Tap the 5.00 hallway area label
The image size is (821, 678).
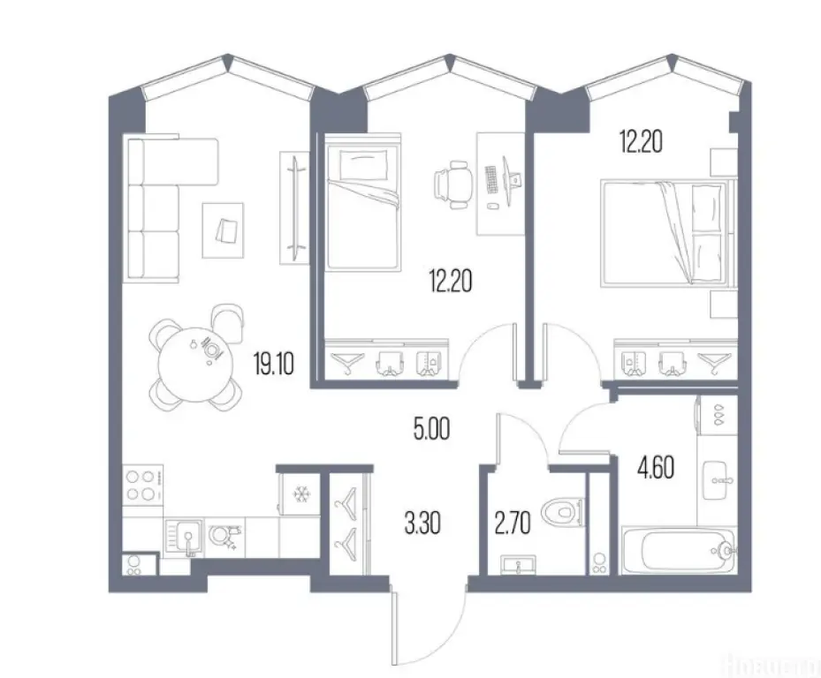(432, 432)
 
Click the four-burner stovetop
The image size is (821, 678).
(142, 485)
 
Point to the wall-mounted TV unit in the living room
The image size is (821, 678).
(292, 207)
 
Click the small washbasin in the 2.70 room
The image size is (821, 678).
(517, 562)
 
